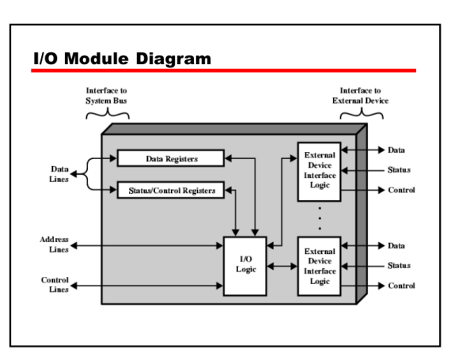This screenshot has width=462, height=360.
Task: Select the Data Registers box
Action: point(171,158)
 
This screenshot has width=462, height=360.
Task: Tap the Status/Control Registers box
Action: point(171,190)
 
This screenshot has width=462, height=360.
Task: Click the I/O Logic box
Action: point(246,266)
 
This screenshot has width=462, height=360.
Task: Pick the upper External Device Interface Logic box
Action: point(320,171)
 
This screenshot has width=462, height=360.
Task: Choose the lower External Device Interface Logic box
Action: point(320,266)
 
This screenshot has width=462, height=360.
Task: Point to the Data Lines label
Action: point(59,174)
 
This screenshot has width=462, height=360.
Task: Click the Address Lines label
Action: point(54,244)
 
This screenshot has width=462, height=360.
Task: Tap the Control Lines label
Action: point(55,285)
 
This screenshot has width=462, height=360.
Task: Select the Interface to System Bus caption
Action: point(107,96)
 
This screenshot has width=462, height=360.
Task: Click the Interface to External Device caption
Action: point(360,96)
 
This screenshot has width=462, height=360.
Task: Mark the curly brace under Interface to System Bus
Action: point(108,116)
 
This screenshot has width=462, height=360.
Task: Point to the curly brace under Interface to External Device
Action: point(361,116)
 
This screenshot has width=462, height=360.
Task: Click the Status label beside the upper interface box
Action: point(399,170)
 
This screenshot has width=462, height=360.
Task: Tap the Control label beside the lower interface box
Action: point(401,285)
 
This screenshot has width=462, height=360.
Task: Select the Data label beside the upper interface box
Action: point(396,150)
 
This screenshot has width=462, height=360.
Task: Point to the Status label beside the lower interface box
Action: point(399,266)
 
